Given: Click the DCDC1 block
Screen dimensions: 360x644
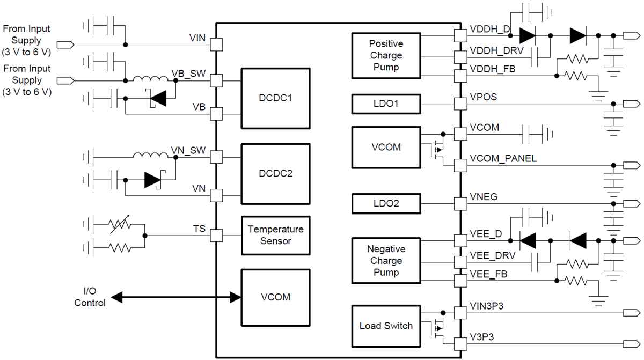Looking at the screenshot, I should click(276, 99).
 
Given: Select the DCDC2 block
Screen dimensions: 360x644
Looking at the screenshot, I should click(276, 174).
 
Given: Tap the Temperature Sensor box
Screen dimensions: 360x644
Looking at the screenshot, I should click(276, 235).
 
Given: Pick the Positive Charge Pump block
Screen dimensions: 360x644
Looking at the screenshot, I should click(386, 55).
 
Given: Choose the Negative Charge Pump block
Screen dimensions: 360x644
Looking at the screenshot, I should click(386, 261).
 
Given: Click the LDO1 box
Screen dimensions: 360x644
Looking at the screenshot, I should click(386, 104).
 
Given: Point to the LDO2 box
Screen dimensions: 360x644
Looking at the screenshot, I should click(386, 204).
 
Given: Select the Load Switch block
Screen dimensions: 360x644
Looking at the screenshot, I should click(386, 326).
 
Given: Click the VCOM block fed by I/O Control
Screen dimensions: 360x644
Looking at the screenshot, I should click(276, 297).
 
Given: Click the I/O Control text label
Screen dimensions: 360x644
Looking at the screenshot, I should click(90, 297).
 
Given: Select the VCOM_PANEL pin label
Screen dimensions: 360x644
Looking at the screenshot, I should click(503, 159).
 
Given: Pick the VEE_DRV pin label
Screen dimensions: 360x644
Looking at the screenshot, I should click(493, 255).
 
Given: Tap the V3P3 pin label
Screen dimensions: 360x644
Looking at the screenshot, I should click(482, 337).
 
